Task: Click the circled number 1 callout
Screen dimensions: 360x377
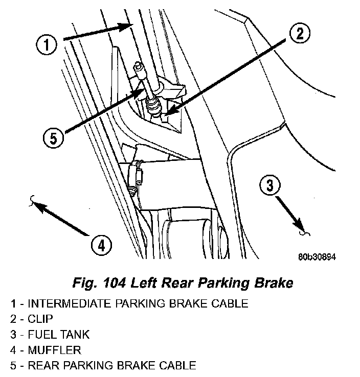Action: coord(47,45)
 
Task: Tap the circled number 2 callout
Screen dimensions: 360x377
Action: coord(300,33)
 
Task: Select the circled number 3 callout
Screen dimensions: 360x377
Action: coord(270,185)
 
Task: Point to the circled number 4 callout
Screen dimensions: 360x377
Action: coord(101,245)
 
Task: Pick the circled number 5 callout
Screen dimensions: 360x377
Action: coord(53,138)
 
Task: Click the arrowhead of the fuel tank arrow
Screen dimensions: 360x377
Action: coord(298,225)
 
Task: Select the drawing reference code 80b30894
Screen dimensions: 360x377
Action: coord(317,257)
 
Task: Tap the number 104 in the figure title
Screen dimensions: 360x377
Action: coord(114,283)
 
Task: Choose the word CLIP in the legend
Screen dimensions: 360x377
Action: coord(40,319)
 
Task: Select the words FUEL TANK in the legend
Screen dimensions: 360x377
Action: coord(59,335)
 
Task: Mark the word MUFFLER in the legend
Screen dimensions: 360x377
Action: coord(54,350)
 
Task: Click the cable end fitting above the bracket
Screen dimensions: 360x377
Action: coord(140,69)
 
